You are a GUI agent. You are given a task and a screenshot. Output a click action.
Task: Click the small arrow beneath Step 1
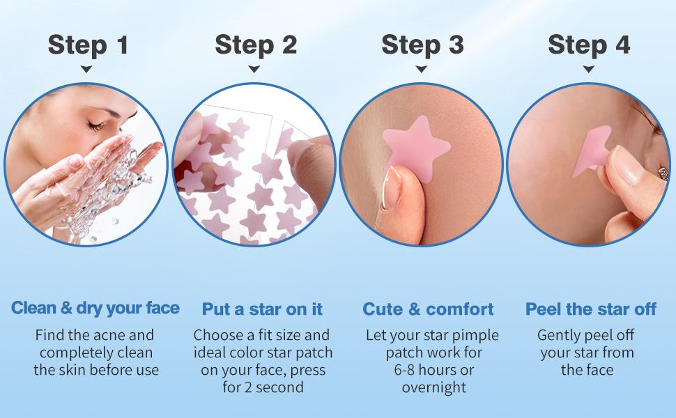click(x=86, y=69)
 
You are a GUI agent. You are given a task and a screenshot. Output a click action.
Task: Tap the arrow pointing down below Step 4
click(x=588, y=69)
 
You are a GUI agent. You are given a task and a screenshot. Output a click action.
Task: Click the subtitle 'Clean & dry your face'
click(x=95, y=309)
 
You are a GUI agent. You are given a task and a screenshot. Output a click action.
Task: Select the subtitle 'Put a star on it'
click(x=262, y=309)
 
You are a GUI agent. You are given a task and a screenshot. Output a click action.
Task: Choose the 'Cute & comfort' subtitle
click(x=428, y=309)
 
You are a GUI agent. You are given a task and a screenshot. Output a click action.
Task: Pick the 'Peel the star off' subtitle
click(x=591, y=309)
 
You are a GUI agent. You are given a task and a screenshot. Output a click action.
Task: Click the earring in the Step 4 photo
click(x=663, y=173)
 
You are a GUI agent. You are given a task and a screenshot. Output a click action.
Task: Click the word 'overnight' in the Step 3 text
click(x=434, y=387)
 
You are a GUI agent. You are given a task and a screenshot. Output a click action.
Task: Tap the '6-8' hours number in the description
click(x=404, y=370)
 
